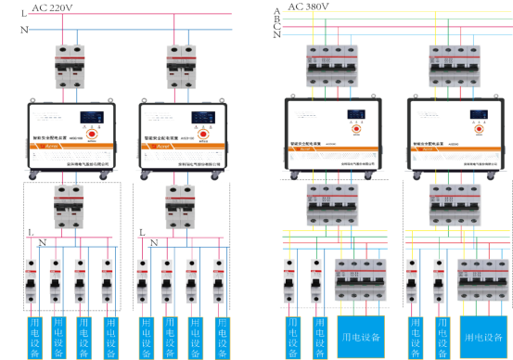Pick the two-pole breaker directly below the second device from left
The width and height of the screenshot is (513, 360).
point(180,206)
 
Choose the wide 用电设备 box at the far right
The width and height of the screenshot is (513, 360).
point(484,337)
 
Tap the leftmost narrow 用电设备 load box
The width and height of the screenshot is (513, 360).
point(34,338)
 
